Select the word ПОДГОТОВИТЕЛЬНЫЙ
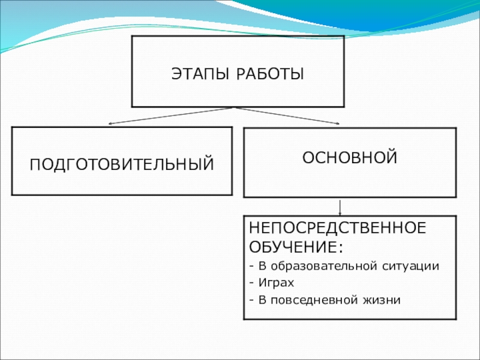pos(122,163)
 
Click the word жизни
pos(383,298)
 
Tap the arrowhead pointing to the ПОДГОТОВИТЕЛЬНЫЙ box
pos(110,124)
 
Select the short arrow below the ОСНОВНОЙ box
pos(341,206)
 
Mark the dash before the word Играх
pos(252,281)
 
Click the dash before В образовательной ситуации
pos(252,265)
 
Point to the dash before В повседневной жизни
pos(252,298)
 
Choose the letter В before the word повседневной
pos(262,298)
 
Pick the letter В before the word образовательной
pos(262,265)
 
